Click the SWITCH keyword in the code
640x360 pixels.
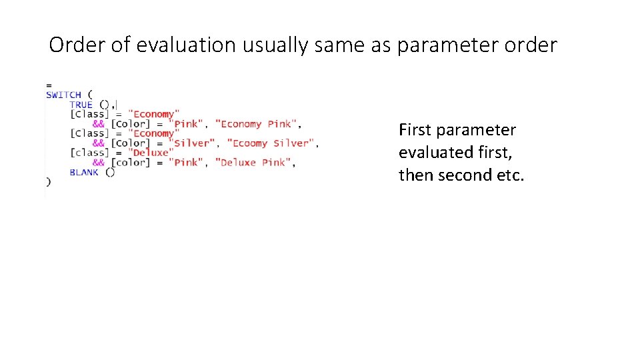click(63, 95)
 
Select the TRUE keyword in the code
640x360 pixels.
click(81, 105)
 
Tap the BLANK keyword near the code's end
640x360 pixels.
click(83, 172)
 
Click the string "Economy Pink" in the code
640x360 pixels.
click(257, 124)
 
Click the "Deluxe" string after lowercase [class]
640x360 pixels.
click(150, 153)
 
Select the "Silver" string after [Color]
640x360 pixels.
click(193, 143)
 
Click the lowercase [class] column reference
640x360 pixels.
click(88, 153)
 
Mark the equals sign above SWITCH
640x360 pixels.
click(49, 85)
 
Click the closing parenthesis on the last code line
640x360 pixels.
click(48, 181)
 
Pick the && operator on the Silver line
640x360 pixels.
click(98, 143)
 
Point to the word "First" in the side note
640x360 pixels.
click(415, 129)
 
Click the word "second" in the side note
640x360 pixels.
click(463, 175)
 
